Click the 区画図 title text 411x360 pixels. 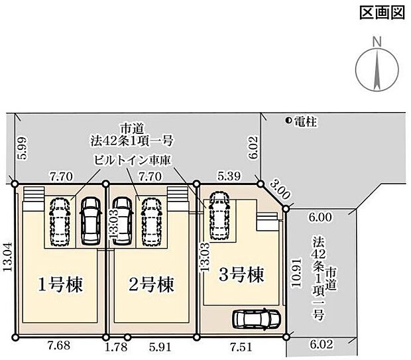pos(382,13)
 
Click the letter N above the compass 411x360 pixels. pos(377,42)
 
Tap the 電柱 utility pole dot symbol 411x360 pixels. pos(288,121)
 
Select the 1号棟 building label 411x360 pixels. pos(60,284)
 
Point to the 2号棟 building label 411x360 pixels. pos(152,284)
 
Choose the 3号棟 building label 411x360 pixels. pos(241,274)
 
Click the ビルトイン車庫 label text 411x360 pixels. pos(133,160)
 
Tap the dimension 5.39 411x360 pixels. pos(229,176)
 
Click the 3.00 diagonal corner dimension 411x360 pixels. pos(280,190)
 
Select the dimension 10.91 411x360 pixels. pos(296,273)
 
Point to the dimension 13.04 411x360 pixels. pos(8,257)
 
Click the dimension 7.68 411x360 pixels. pos(59,345)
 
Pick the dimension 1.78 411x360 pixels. pos(115,347)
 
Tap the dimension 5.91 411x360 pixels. pos(160,347)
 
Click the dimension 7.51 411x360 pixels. pos(241,347)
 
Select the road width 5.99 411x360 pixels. pos(23,148)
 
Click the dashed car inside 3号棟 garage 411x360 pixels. pos(219,215)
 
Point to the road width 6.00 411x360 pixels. pos(320,217)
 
